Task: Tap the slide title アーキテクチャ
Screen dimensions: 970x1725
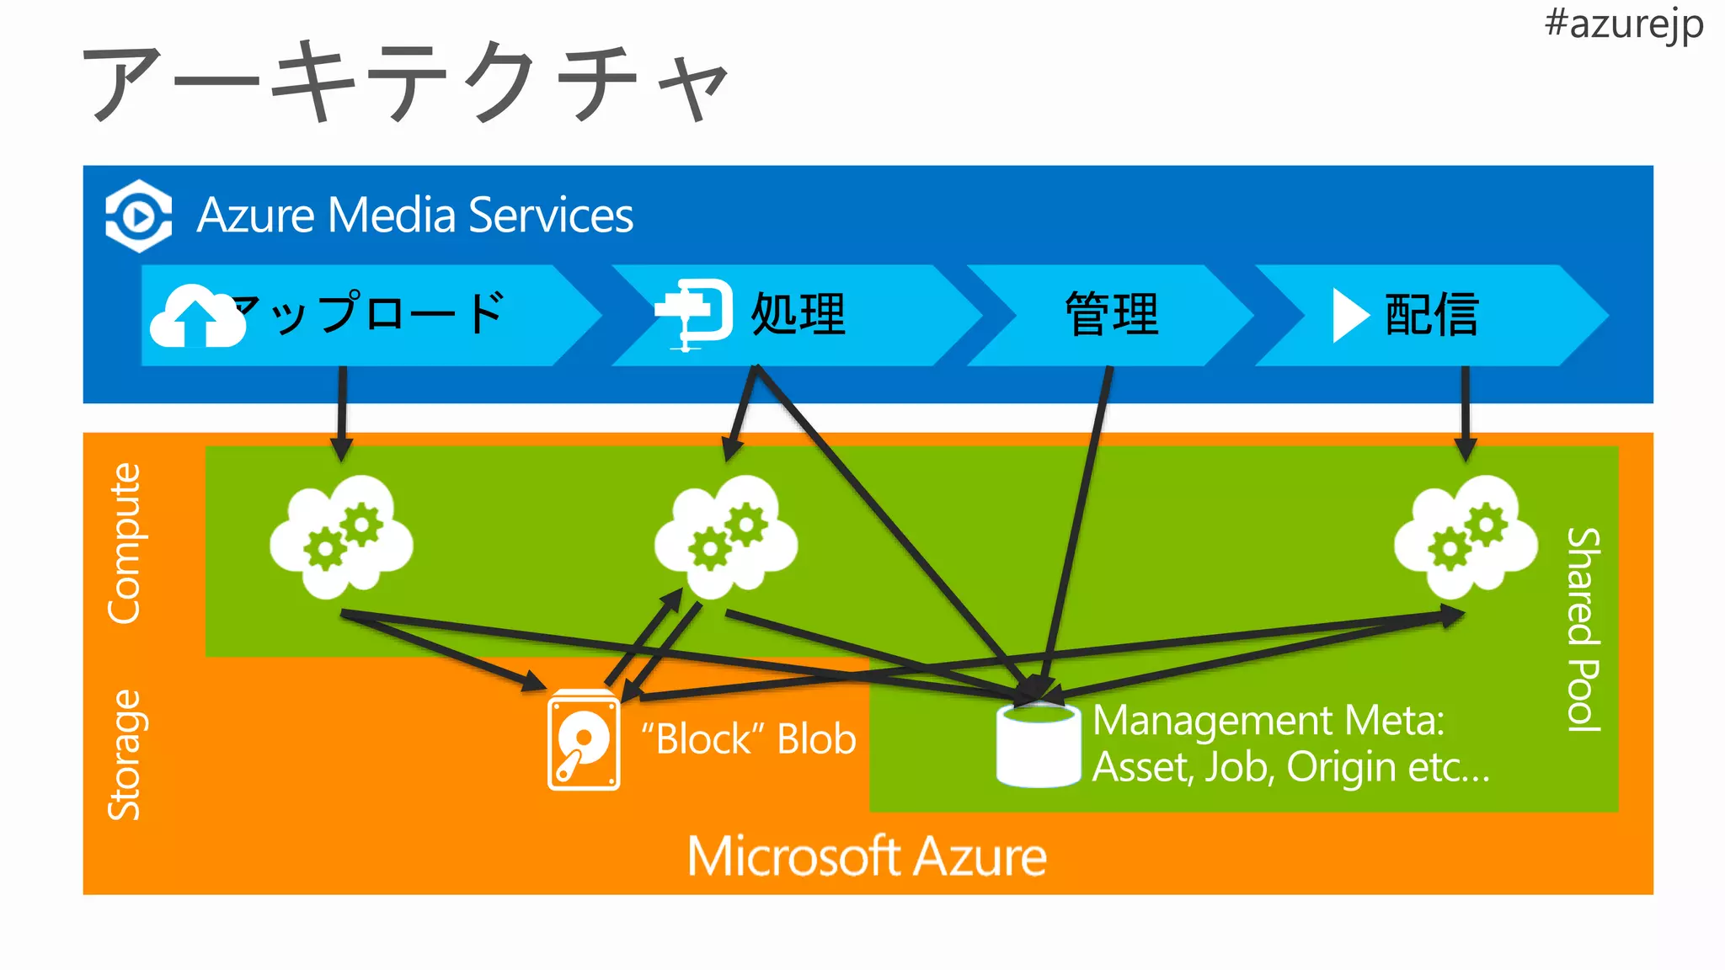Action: [x=404, y=83]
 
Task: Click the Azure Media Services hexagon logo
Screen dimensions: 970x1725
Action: [x=138, y=216]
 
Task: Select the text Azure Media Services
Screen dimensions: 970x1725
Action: [x=414, y=216]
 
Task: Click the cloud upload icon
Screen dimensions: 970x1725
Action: [x=197, y=317]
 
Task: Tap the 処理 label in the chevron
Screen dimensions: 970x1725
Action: [x=798, y=315]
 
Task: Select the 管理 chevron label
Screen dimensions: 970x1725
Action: [x=1111, y=315]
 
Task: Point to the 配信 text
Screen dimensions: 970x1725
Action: [x=1432, y=315]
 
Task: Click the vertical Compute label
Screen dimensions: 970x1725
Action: [x=125, y=543]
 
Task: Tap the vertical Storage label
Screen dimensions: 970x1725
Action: [x=125, y=754]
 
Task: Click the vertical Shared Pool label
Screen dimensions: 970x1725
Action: [x=1583, y=629]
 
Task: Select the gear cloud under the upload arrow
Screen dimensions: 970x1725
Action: [x=342, y=536]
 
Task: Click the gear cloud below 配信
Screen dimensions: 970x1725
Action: [x=1466, y=536]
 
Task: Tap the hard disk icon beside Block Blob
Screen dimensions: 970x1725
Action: [x=584, y=740]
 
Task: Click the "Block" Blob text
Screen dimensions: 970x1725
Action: [x=748, y=739]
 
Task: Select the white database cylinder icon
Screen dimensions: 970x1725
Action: [x=1038, y=745]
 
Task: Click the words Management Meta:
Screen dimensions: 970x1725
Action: [x=1268, y=721]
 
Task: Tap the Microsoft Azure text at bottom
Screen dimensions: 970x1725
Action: [x=867, y=856]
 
